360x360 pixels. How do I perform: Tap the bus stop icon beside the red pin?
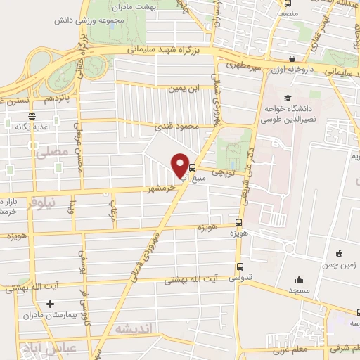(193, 167)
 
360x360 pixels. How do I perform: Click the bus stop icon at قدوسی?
(240, 267)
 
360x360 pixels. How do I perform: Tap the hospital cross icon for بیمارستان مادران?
(49, 304)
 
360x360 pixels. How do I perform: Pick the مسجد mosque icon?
(300, 278)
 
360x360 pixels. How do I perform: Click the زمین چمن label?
(340, 265)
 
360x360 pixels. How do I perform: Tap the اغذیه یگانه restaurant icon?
(31, 116)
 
